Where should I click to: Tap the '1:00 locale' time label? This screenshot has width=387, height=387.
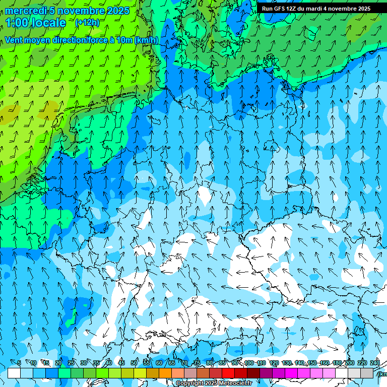[x=36, y=23]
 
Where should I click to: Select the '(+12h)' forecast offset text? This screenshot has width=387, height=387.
[x=87, y=23]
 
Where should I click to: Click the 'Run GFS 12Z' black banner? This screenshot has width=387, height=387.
[x=316, y=9]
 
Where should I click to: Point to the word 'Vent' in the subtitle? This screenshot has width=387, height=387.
[x=15, y=40]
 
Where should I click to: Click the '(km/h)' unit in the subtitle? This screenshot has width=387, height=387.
[x=146, y=40]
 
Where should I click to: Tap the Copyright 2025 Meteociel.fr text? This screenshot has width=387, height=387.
[x=214, y=383]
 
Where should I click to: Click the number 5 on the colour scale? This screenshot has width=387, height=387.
[x=19, y=363]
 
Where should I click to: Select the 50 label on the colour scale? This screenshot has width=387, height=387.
[x=134, y=363]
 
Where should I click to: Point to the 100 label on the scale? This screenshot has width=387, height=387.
[x=249, y=363]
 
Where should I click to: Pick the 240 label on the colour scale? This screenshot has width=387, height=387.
[x=375, y=363]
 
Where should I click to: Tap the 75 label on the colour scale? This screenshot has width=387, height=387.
[x=197, y=363]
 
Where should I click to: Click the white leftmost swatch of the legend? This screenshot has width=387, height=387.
[x=14, y=373]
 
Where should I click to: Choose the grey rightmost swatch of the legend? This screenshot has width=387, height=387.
[x=367, y=373]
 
